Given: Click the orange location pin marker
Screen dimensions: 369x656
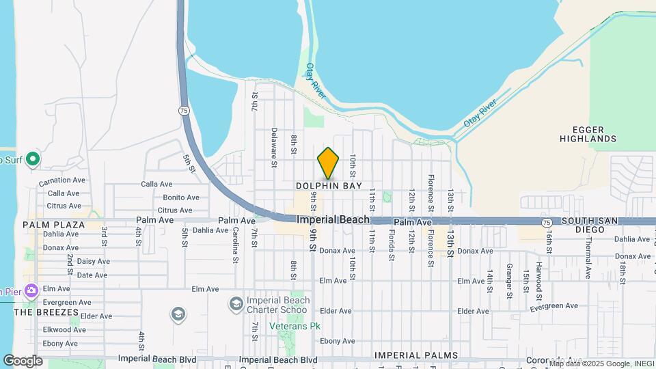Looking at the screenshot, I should click(x=328, y=163).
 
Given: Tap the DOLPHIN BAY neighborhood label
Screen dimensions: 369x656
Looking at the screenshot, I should click(x=329, y=186).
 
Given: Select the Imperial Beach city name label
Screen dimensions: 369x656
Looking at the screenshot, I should click(x=333, y=219).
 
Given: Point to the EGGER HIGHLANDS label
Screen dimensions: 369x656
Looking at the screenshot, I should click(x=588, y=133).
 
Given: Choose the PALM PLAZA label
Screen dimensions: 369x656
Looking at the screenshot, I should click(x=53, y=225).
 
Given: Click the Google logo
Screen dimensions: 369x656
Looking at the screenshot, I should click(x=23, y=360).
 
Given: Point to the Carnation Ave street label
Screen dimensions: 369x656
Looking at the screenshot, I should click(x=61, y=180).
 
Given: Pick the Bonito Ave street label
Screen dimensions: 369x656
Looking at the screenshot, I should click(x=180, y=197).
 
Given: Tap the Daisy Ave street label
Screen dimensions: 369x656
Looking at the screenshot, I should click(x=93, y=261).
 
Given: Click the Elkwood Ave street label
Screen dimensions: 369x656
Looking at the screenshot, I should click(x=64, y=329).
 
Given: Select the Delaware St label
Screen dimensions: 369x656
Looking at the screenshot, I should click(x=273, y=147).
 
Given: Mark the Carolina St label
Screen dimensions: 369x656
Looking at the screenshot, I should click(x=234, y=245).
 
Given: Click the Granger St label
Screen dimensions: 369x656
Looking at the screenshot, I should click(x=509, y=280).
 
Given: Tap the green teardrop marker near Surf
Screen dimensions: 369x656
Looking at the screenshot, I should click(x=32, y=160).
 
